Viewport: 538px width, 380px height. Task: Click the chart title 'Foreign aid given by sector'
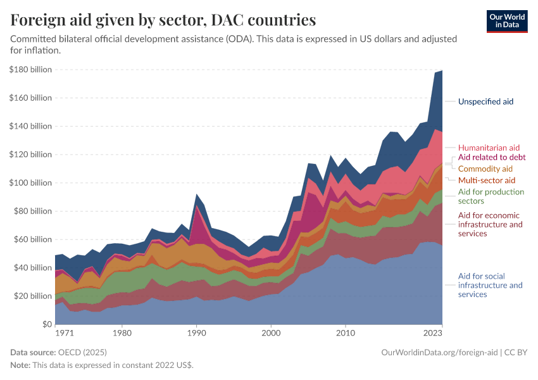(x=163, y=20)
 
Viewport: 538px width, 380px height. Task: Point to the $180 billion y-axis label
(x=30, y=70)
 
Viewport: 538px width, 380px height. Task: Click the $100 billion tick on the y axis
(x=30, y=183)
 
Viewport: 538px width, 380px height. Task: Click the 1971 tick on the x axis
(x=64, y=332)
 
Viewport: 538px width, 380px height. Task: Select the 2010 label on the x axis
(x=345, y=332)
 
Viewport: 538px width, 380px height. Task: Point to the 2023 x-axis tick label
(x=432, y=332)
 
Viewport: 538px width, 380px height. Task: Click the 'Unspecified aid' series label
(x=485, y=101)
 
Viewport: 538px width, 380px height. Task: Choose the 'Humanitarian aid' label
(x=489, y=148)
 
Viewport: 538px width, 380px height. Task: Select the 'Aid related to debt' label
(x=491, y=157)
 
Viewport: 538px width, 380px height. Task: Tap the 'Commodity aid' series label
(x=485, y=169)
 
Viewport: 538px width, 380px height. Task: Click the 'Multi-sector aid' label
(x=487, y=180)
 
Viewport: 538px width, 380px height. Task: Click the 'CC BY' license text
(x=516, y=352)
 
